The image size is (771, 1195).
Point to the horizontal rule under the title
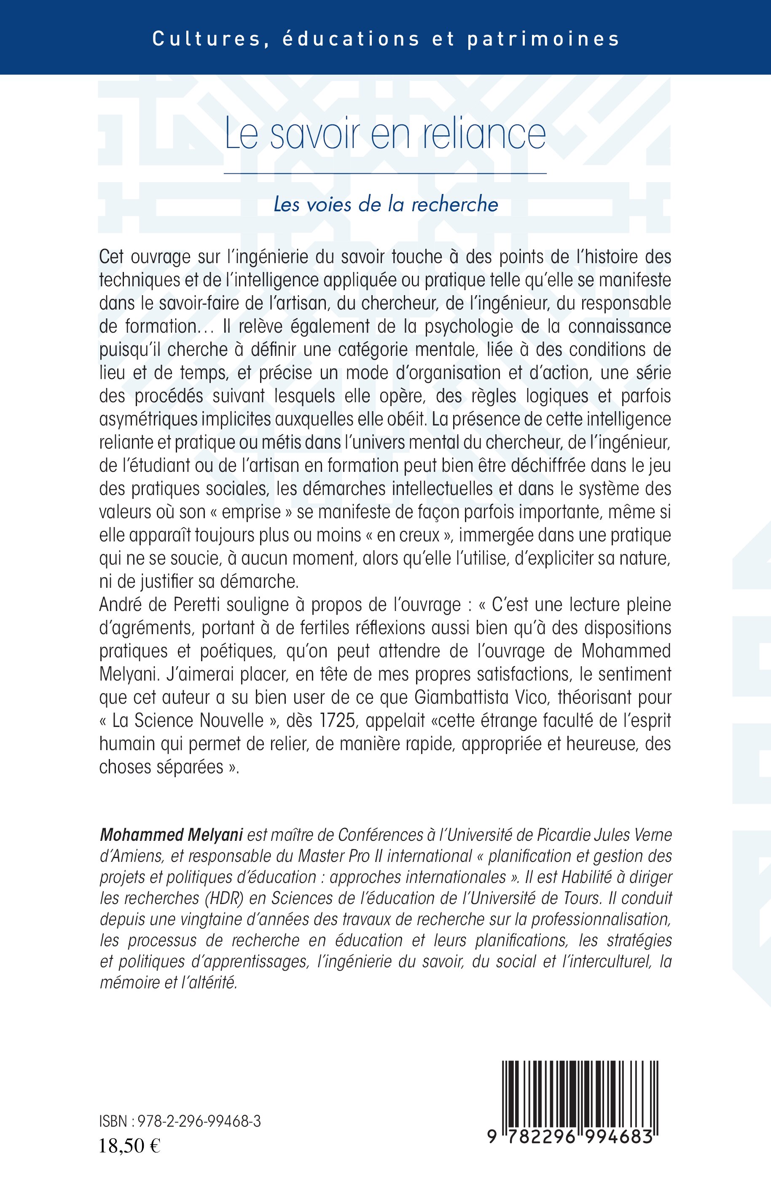(385, 173)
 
